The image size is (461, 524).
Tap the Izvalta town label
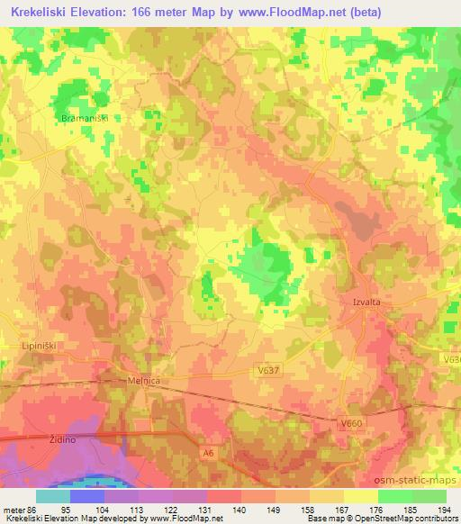pos(362,303)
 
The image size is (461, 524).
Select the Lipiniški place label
pos(39,345)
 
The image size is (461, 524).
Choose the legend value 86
pos(32,510)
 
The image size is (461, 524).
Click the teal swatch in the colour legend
pos(52,496)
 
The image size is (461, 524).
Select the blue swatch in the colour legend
pos(87,496)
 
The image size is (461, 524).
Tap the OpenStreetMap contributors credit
pos(413,519)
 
